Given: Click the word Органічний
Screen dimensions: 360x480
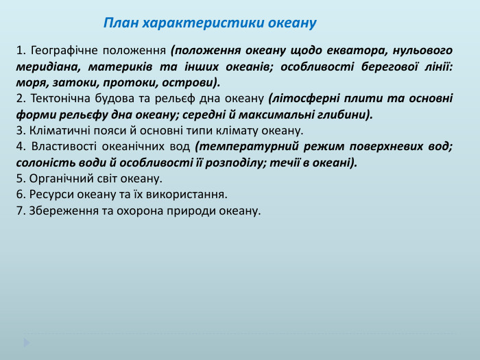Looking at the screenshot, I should pyautogui.click(x=56, y=178).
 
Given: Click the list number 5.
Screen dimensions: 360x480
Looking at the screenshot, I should pyautogui.click(x=19, y=178).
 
